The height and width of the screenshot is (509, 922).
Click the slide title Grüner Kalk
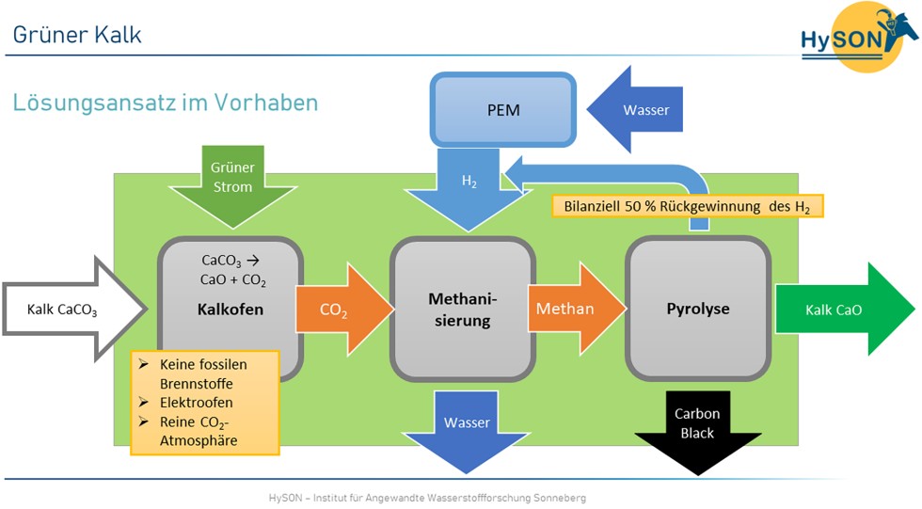coord(77,35)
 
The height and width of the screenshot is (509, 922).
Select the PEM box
coord(503,110)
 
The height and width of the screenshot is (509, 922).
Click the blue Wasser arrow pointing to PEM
coord(640,110)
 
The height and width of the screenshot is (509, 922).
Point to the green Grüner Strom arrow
coord(231,184)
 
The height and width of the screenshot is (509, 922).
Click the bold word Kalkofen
coord(230,309)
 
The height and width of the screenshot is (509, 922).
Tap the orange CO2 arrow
coord(335,310)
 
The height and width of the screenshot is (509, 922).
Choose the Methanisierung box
coord(462,309)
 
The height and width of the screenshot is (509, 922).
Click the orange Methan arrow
coord(570,309)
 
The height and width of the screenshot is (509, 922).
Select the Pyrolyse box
coord(697,309)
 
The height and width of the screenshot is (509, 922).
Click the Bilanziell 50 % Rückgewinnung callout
coord(688,205)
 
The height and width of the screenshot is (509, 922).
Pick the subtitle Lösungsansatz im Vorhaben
coord(165,102)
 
